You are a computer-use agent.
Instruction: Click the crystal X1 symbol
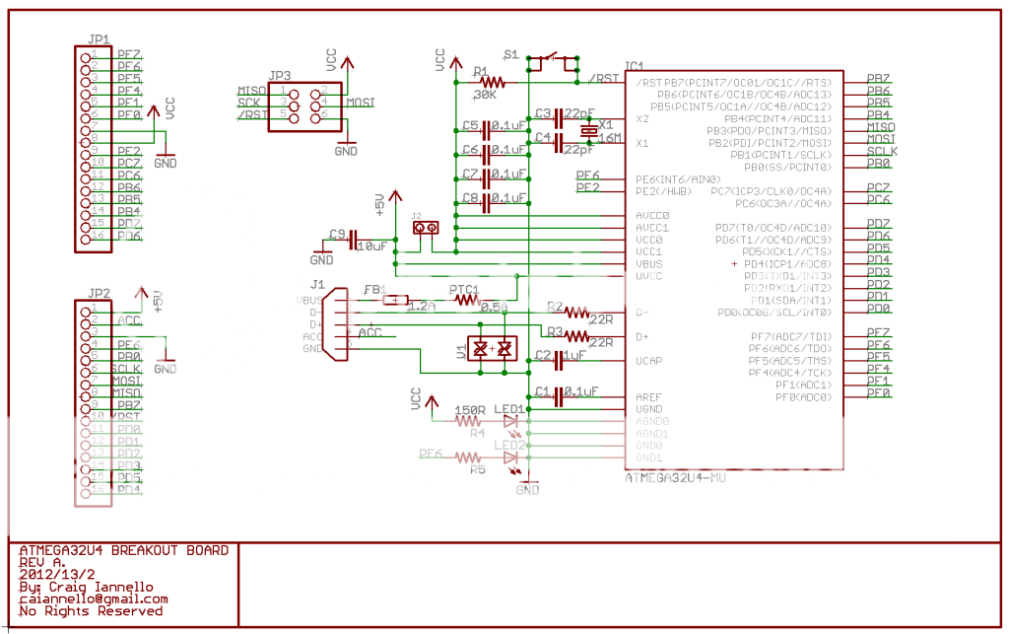[x=588, y=131]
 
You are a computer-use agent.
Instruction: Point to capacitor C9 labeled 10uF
[x=353, y=238]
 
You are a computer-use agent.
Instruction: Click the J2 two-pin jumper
[x=427, y=228]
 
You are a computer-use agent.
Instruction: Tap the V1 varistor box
[x=492, y=348]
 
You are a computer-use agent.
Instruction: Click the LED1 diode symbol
[x=510, y=421]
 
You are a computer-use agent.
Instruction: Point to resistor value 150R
[x=470, y=410]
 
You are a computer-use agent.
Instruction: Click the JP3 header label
[x=280, y=75]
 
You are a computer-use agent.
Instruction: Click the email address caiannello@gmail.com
[x=94, y=599]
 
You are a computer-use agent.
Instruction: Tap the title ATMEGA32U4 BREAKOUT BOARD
[x=123, y=550]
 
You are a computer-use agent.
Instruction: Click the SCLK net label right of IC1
[x=882, y=151]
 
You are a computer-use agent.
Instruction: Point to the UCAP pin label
[x=649, y=361]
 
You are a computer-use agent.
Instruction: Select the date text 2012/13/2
[x=57, y=574]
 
